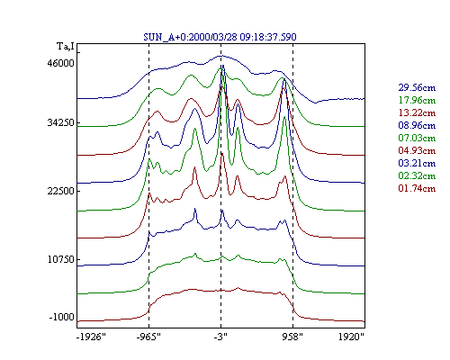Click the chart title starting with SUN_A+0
(220, 37)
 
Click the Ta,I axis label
(66, 46)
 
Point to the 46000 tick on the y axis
(60, 63)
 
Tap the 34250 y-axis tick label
(60, 122)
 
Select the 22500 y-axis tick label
(60, 191)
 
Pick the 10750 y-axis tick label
(60, 259)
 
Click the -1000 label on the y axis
(61, 317)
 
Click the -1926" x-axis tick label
(91, 337)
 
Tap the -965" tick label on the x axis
(148, 337)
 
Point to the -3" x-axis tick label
(220, 337)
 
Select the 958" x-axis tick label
(292, 337)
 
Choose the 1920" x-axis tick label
(351, 337)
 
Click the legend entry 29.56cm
(417, 87)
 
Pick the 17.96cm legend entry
(417, 100)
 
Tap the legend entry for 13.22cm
(417, 112)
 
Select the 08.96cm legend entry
(417, 125)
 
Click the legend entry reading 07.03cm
(417, 138)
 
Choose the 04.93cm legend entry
(417, 150)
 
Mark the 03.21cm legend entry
(417, 163)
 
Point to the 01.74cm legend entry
(417, 188)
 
